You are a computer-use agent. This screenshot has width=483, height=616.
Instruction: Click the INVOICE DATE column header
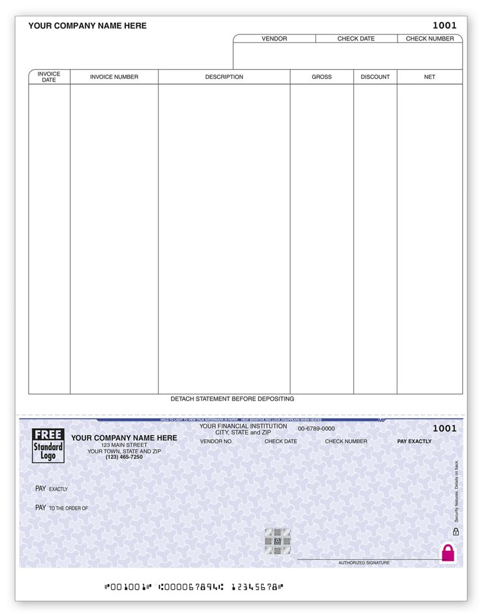click(49, 77)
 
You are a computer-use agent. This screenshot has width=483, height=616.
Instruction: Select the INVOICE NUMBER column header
click(114, 77)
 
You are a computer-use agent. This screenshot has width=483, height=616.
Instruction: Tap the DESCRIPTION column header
click(224, 77)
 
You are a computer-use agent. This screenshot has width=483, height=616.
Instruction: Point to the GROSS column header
click(321, 77)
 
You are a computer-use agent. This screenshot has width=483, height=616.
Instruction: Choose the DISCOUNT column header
click(375, 77)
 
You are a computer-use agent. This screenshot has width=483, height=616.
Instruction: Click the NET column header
click(429, 77)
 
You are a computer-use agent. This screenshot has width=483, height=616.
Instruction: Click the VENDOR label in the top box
click(274, 38)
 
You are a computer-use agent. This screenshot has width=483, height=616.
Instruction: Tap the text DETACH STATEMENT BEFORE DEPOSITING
click(232, 399)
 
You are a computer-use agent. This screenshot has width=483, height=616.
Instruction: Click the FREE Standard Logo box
click(49, 446)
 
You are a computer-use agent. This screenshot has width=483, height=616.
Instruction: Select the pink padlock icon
click(448, 553)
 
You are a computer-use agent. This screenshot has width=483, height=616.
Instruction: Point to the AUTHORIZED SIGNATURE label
click(364, 562)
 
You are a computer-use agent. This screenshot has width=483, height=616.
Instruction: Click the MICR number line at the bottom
click(195, 587)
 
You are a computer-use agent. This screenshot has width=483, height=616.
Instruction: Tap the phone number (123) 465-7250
click(124, 457)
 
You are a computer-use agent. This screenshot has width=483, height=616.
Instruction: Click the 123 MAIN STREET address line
click(124, 445)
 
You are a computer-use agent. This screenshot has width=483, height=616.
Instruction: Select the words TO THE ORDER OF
click(68, 508)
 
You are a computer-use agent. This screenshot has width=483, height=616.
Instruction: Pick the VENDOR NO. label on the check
click(216, 442)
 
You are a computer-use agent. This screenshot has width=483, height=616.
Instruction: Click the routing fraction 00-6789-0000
click(316, 429)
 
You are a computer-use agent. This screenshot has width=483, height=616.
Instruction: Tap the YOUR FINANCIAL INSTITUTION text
click(243, 426)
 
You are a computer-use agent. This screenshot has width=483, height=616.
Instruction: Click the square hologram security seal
click(277, 541)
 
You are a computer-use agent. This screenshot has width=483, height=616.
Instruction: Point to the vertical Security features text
click(457, 489)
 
